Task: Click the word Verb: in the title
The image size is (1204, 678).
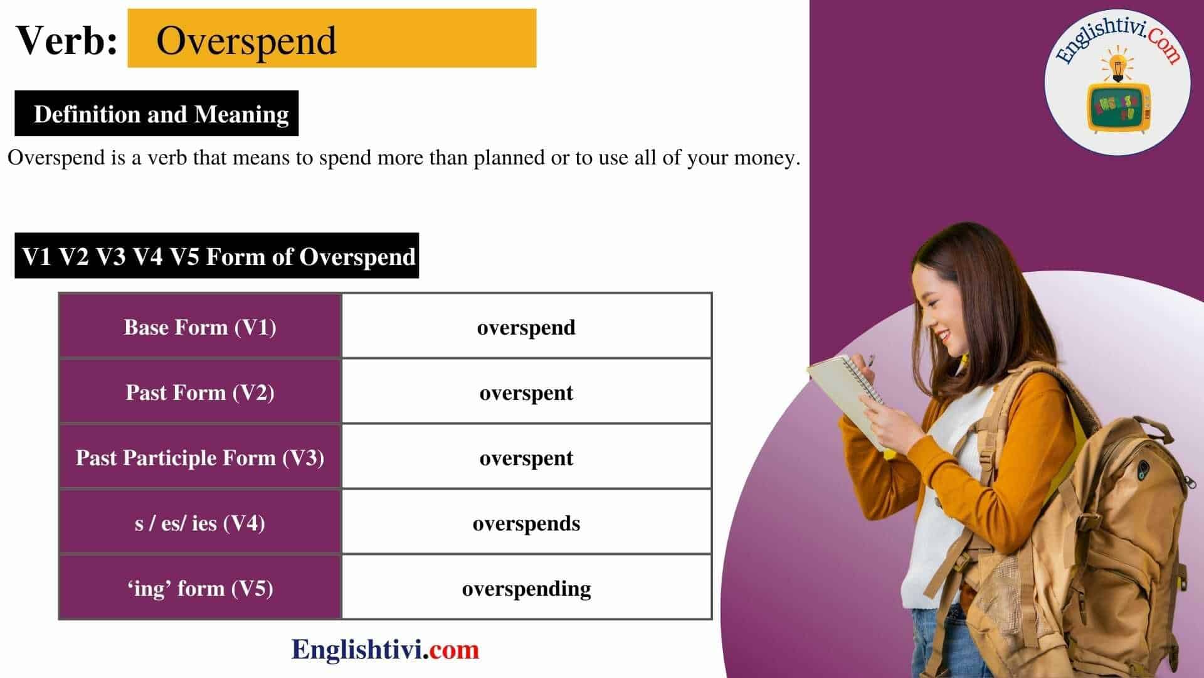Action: [66, 40]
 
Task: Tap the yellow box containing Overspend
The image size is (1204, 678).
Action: [331, 38]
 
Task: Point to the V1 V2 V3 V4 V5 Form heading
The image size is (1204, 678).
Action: [217, 256]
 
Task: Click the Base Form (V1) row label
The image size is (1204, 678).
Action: [200, 327]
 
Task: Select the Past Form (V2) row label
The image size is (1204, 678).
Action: [200, 392]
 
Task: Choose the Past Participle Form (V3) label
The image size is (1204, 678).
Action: [200, 458]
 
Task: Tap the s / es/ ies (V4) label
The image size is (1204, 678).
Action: [200, 523]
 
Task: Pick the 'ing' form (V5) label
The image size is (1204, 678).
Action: [200, 588]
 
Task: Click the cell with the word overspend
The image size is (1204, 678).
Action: [526, 327]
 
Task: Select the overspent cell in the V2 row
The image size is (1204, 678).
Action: [526, 392]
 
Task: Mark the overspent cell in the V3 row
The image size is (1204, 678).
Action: [526, 458]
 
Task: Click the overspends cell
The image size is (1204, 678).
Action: [526, 523]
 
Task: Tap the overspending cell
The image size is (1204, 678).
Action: [526, 588]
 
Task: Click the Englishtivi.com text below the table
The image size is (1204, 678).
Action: [385, 649]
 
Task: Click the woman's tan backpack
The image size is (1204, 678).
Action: [1104, 534]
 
